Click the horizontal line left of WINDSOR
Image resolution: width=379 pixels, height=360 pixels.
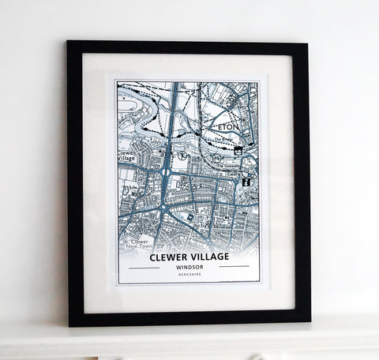(144, 267)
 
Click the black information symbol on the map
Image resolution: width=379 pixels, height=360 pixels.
(247, 182)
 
